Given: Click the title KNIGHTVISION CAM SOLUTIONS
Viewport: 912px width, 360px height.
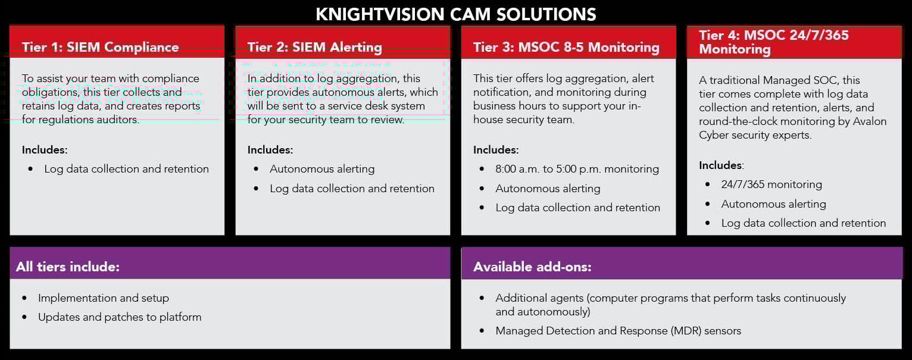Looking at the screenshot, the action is pos(455,14).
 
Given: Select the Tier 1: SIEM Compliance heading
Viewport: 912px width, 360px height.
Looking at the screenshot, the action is pos(100,47).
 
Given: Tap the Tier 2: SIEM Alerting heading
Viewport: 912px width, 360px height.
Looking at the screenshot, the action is pos(315,47).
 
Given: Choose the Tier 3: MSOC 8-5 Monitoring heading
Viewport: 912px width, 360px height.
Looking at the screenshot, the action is pos(566,47).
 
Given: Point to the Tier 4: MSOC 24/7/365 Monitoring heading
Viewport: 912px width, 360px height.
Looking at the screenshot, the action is pos(773,42).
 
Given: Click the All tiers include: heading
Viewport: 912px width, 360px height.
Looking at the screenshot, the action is pos(68,267).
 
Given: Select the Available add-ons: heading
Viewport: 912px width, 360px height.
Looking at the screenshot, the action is pos(532,267).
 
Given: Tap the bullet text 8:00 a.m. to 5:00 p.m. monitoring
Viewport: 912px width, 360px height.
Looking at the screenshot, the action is pos(577,169).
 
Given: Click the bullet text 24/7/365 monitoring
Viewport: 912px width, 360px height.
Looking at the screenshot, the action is pos(772,184).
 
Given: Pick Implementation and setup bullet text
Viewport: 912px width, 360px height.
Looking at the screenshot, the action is pos(104,298).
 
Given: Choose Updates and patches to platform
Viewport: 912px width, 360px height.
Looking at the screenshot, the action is pos(120,317).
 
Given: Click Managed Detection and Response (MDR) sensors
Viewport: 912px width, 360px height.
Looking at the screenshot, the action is pos(618,331).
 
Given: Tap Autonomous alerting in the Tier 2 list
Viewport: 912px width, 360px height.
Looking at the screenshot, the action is pos(322,169).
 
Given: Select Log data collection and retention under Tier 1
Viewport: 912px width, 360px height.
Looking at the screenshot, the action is pos(126,169).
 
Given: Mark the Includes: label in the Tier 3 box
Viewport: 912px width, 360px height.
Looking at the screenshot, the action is pos(496,150).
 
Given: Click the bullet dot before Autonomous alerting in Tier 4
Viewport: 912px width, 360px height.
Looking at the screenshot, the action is pos(708,204).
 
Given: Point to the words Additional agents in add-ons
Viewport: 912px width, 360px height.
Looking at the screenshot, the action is pos(539,298).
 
